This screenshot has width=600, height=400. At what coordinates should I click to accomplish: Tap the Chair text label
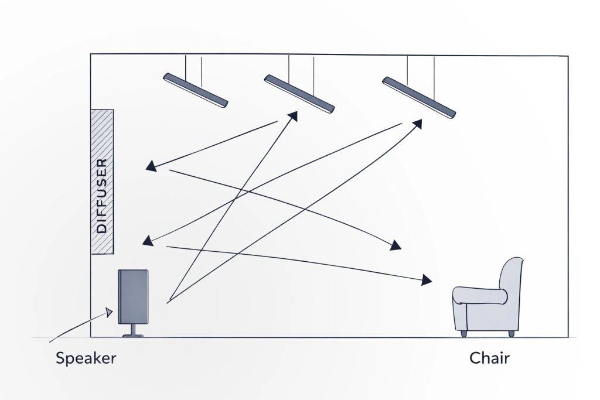point(489,358)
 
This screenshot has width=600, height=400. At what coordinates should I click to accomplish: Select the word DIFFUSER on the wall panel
point(102,196)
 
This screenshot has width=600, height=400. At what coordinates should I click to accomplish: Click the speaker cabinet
point(133,296)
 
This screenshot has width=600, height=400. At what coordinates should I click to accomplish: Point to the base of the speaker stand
point(133,336)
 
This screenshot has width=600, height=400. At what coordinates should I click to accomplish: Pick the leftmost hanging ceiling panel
point(196,90)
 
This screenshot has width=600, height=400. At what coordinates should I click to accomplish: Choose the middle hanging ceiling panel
point(299,94)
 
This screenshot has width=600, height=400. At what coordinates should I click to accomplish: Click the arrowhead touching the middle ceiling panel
point(293,116)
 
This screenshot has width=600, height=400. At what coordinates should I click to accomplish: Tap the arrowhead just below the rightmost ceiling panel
point(417,124)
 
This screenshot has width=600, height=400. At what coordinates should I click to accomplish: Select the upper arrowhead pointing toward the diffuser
point(151,166)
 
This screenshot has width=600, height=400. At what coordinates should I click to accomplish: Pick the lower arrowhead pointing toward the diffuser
point(148,241)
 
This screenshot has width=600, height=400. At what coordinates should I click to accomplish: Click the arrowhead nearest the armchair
point(427,280)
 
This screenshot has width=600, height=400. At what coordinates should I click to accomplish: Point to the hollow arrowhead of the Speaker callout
point(109,312)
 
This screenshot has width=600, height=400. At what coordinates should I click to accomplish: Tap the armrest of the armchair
point(480,295)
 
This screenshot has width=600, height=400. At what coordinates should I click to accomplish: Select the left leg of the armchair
point(464,334)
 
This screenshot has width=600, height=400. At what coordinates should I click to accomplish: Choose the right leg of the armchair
point(511,334)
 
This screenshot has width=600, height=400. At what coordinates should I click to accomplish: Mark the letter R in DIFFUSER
point(102,163)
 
